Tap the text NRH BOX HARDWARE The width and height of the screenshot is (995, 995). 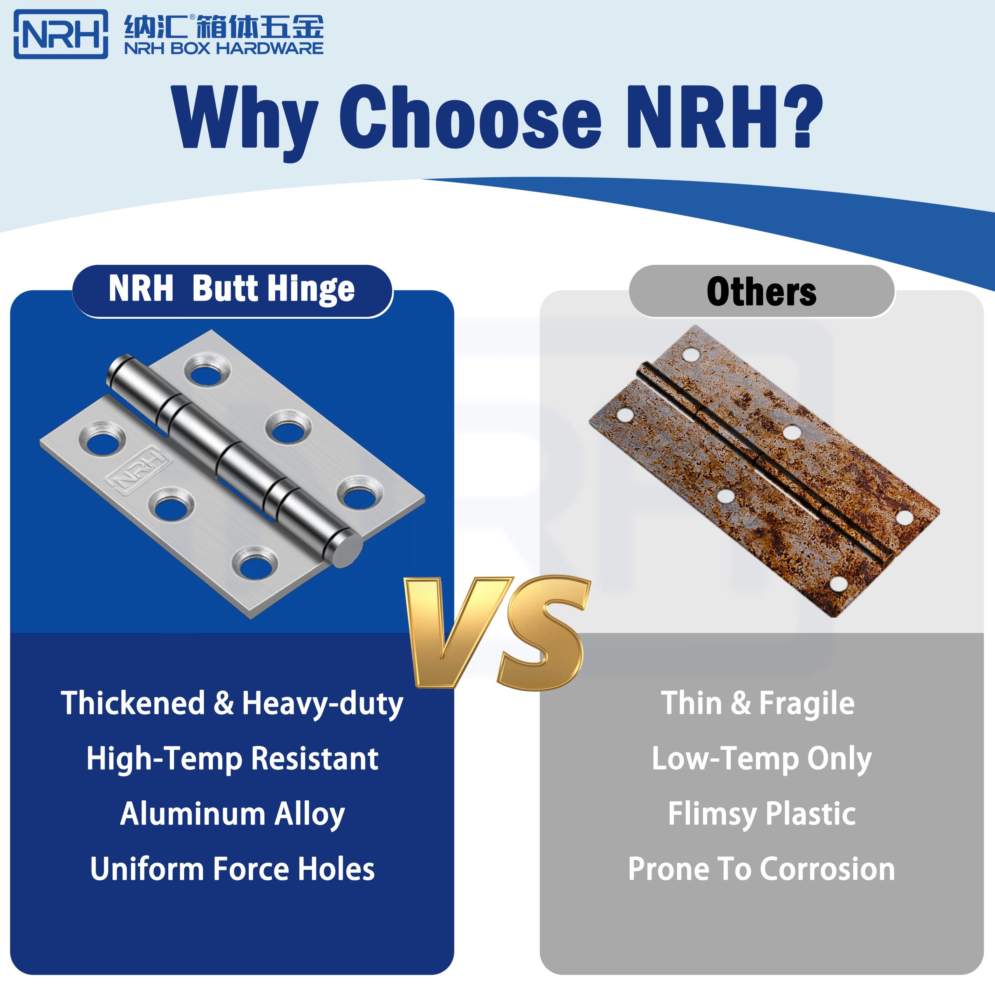pyautogui.click(x=223, y=49)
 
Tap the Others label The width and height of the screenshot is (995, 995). pyautogui.click(x=761, y=292)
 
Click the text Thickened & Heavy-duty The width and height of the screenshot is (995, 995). pyautogui.click(x=232, y=704)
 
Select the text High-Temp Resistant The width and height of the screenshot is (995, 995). pyautogui.click(x=232, y=759)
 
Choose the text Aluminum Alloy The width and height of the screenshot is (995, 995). pyautogui.click(x=232, y=814)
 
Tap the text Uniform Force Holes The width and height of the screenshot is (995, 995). pyautogui.click(x=232, y=869)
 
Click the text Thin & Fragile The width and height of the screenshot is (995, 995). pyautogui.click(x=757, y=703)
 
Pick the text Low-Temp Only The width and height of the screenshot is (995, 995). pyautogui.click(x=761, y=759)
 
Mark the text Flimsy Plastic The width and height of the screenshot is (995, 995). pyautogui.click(x=761, y=814)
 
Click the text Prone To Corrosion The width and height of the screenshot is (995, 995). pyautogui.click(x=761, y=869)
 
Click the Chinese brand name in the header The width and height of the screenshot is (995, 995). pyautogui.click(x=223, y=27)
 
